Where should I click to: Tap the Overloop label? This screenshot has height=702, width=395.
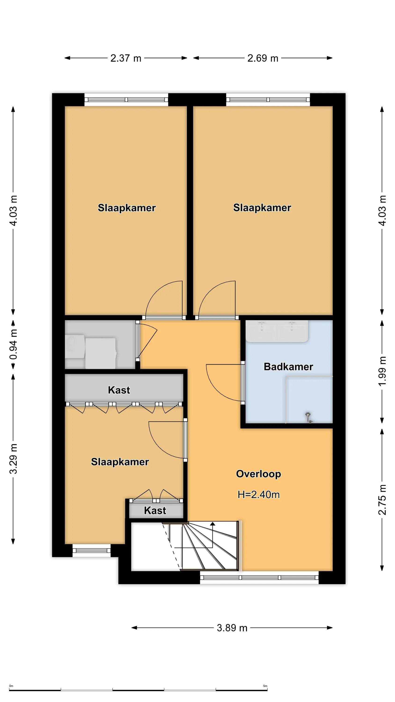[258, 474]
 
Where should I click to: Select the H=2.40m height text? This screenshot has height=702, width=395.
[258, 495]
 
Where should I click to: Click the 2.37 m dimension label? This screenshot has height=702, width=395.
[126, 58]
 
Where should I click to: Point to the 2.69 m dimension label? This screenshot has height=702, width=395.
[263, 58]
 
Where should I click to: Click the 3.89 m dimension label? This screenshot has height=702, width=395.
[232, 628]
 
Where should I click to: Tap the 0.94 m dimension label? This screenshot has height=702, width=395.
[13, 344]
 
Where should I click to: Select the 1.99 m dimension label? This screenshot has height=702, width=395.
[382, 371]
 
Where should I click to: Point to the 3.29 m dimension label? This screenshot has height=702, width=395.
[13, 459]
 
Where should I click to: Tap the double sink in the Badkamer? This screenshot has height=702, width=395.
[277, 331]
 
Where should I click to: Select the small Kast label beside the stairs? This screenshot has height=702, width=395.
[155, 510]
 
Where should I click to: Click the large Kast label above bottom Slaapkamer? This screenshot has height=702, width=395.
[119, 390]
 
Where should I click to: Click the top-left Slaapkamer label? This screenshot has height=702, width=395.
[127, 208]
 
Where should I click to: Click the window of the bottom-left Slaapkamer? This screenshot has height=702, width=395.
[91, 550]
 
